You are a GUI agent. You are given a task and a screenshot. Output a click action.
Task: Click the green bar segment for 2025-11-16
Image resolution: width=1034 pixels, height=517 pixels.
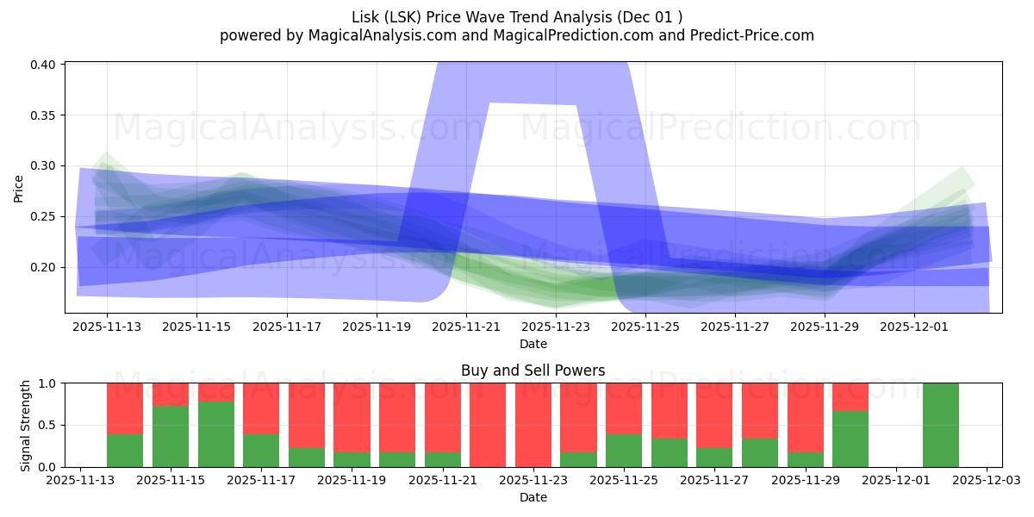pyautogui.click(x=215, y=434)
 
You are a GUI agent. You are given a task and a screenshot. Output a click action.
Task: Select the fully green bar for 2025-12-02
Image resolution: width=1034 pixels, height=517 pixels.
pyautogui.click(x=940, y=425)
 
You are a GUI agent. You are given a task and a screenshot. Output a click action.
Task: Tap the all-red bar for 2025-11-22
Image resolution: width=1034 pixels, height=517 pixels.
pyautogui.click(x=488, y=425)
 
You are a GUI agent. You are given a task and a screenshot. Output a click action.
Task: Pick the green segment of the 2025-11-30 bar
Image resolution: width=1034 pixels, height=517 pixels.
pyautogui.click(x=850, y=439)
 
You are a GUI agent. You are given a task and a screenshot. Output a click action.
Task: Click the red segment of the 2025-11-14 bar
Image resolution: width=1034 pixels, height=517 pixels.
pyautogui.click(x=125, y=408)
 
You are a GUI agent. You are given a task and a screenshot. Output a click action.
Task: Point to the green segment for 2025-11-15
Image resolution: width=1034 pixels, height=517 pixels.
pyautogui.click(x=171, y=436)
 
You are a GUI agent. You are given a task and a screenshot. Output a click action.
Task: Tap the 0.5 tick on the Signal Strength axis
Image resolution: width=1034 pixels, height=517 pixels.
pyautogui.click(x=48, y=425)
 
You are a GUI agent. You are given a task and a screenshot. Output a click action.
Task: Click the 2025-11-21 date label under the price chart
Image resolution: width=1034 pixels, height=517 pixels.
pyautogui.click(x=466, y=327)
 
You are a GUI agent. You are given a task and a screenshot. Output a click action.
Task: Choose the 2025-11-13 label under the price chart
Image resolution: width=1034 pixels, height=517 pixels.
pyautogui.click(x=107, y=327)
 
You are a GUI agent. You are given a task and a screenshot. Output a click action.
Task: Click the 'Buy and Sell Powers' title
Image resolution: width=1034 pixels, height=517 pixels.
pyautogui.click(x=533, y=371)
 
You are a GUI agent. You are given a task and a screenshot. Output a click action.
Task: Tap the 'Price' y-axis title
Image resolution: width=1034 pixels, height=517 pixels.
pyautogui.click(x=19, y=187)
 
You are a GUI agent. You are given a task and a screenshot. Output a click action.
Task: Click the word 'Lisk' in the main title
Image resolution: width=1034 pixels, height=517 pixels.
pyautogui.click(x=365, y=17)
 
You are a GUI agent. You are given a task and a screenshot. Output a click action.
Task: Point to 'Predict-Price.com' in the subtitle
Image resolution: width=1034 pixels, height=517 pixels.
pyautogui.click(x=756, y=35)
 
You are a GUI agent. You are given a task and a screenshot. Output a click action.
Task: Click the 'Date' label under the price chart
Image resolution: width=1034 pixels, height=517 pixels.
pyautogui.click(x=533, y=344)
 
